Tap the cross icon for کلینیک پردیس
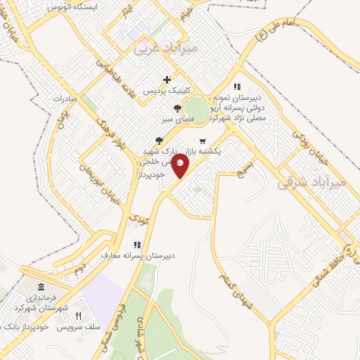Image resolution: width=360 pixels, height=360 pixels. [x=167, y=79]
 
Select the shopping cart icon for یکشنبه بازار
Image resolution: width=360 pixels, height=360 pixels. [x=202, y=141]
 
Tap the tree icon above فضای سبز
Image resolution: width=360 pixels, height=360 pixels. [x=176, y=108]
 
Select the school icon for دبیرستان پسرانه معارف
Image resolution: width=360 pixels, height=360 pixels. [x=138, y=245]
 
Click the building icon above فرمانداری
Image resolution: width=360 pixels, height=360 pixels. [x=40, y=288]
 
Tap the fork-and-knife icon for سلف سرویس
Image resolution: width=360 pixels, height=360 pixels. [x=79, y=316]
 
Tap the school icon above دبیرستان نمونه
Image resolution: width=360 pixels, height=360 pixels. [x=247, y=86]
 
